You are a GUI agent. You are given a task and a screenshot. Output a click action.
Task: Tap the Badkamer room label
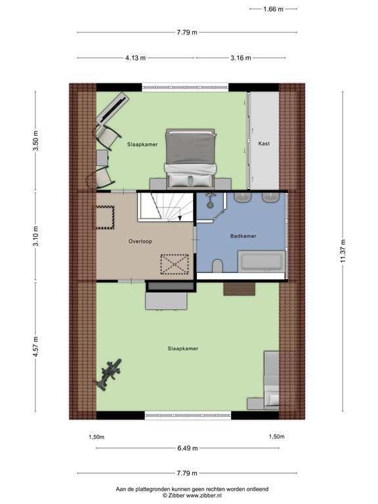click(x=243, y=236)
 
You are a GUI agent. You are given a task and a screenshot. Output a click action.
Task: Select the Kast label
click(x=264, y=143)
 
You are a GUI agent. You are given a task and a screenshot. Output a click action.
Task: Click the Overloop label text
click(x=140, y=241)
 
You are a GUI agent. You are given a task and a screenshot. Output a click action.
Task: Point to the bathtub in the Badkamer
click(x=261, y=262)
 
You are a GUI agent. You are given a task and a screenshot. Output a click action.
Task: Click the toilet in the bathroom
click(x=217, y=265)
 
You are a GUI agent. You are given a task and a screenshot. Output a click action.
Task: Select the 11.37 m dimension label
click(x=342, y=250)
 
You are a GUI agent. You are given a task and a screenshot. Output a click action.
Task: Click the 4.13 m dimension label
click(x=136, y=58)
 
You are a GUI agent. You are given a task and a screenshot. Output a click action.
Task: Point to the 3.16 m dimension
click(x=241, y=58)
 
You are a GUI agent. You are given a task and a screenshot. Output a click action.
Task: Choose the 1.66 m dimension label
click(x=273, y=9)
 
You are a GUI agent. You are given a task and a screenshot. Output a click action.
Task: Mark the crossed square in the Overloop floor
click(x=175, y=265)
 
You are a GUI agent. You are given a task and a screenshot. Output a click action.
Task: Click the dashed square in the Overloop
click(x=105, y=217)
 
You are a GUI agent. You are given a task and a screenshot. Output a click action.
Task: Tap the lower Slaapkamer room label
click(x=182, y=348)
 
